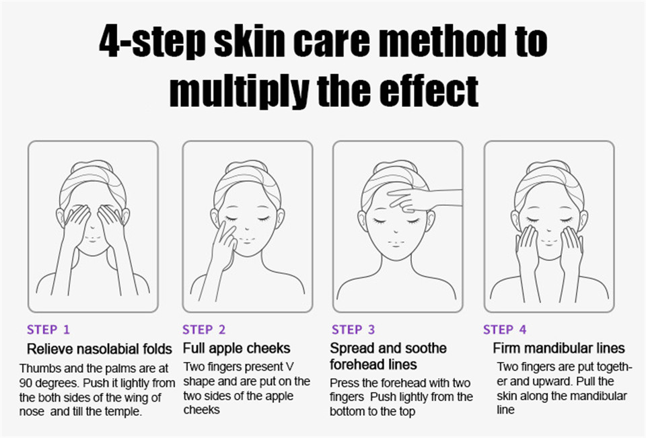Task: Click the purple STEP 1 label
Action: click(x=48, y=330)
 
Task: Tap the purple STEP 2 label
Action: click(x=204, y=330)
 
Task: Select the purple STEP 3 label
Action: click(x=353, y=330)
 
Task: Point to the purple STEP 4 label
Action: click(x=505, y=330)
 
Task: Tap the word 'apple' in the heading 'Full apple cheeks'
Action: click(x=227, y=349)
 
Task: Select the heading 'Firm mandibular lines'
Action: click(x=559, y=348)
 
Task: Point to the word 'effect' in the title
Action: click(x=429, y=91)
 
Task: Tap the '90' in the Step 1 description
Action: click(x=26, y=384)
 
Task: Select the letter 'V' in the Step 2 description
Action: click(x=290, y=367)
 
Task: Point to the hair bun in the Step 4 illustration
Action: click(x=549, y=165)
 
